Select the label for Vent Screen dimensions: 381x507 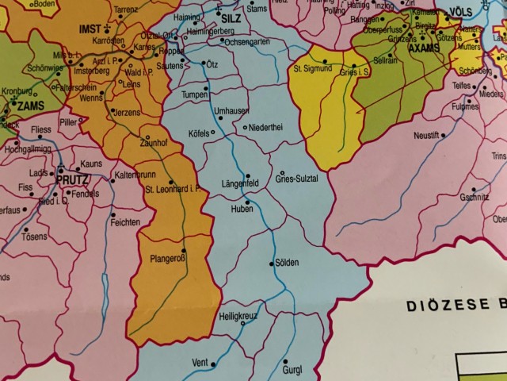(x=200, y=363)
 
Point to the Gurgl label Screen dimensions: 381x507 (x=292, y=370)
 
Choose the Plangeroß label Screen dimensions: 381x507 (x=167, y=258)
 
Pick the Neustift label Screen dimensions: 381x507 (x=426, y=135)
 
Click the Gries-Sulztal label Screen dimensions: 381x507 (x=296, y=179)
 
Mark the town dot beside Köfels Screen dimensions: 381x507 (x=213, y=132)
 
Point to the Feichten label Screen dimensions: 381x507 (x=126, y=222)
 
